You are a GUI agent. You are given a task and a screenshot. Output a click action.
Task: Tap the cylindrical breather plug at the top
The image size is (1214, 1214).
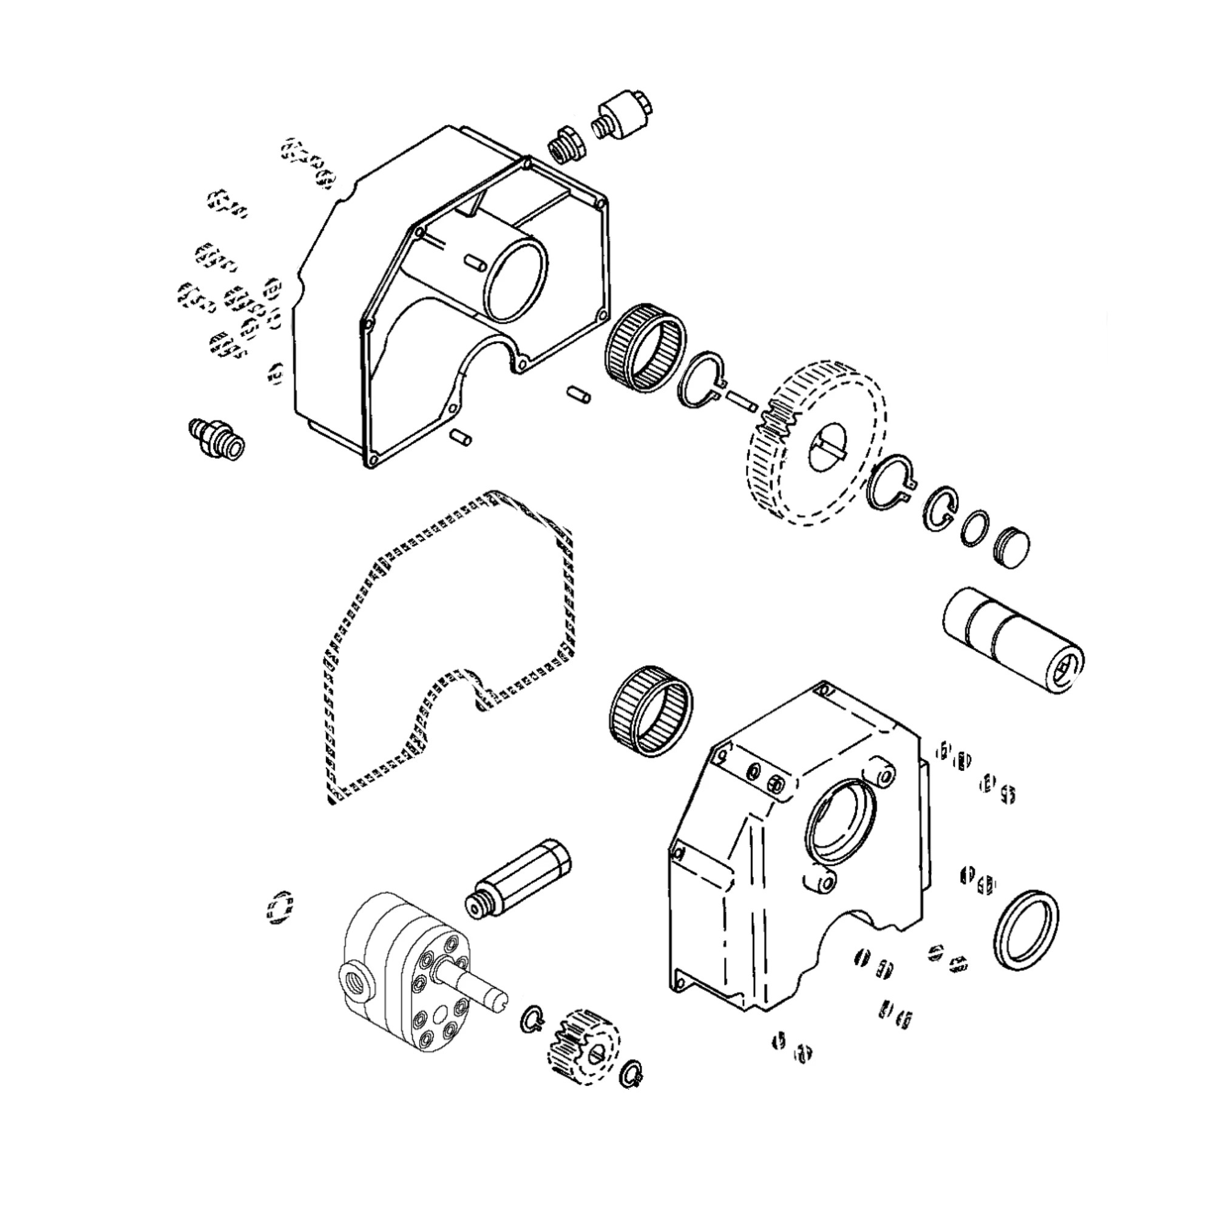coord(622,117)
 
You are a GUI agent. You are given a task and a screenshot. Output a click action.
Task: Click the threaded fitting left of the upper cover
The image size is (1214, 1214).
coord(217,440)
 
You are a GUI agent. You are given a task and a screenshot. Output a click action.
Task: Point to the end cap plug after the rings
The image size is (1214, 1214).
coord(1012,548)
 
